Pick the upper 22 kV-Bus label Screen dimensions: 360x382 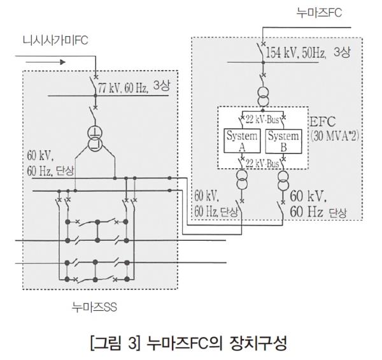262,118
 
